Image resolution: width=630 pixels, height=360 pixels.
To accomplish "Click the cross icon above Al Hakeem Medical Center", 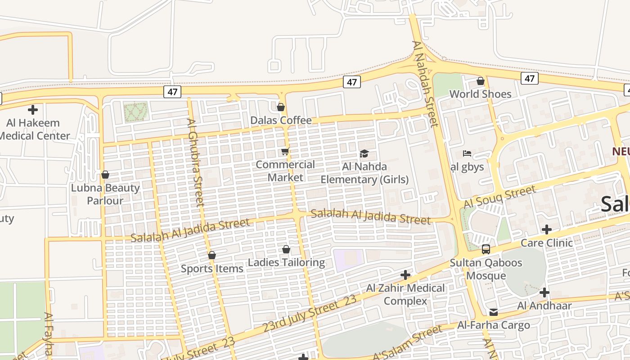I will coord(32,109).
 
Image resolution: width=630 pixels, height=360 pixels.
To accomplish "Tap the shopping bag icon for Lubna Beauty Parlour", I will coord(105,175).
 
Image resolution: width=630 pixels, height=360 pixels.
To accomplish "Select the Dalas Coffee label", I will coord(281,120).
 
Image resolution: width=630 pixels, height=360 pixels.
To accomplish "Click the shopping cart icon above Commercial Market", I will coord(285,151).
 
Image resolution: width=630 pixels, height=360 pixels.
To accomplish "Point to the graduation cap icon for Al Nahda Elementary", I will coord(364,154).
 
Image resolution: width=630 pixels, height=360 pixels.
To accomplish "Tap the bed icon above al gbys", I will coord(467,153).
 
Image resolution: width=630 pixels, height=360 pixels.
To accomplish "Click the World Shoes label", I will coord(480,94).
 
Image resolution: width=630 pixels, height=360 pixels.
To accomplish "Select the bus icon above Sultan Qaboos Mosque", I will coord(486,249).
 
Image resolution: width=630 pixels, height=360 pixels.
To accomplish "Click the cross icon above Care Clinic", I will coord(547,229).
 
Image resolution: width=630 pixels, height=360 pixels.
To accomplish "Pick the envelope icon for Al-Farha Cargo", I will coord(494,312).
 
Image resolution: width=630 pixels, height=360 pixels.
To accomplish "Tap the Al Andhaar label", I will coord(544,306).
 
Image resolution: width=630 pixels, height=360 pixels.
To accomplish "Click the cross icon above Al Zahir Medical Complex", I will coord(405,274).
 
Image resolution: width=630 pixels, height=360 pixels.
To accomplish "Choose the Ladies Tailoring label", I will coord(286,262).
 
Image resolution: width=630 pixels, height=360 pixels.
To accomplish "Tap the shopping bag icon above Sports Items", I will coord(212,255).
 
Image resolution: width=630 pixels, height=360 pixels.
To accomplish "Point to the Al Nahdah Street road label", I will coord(425,84).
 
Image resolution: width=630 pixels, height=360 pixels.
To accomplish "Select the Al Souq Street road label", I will coord(499,197).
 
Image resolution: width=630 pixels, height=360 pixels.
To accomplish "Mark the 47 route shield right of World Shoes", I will coord(530,78).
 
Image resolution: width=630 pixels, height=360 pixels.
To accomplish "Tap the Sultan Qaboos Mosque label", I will coord(486,269).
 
